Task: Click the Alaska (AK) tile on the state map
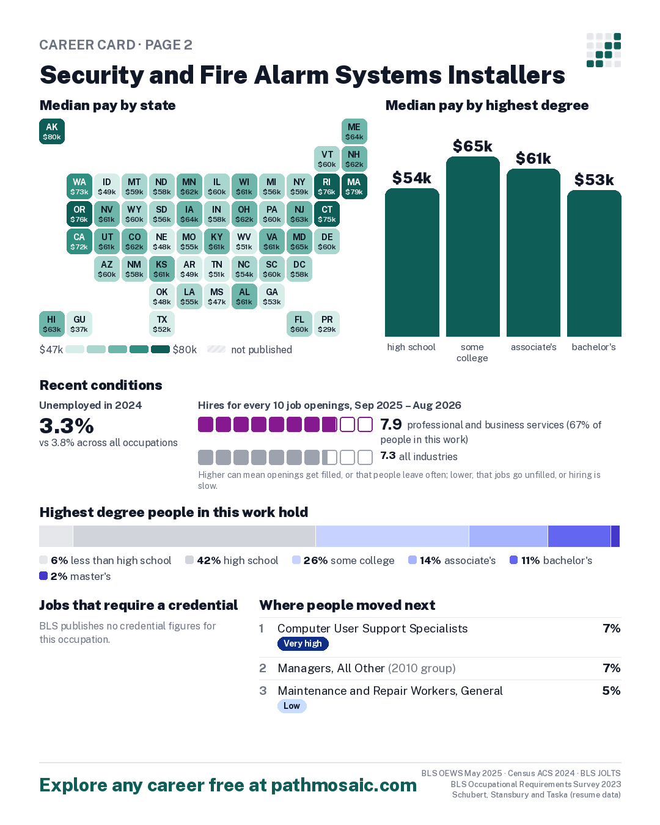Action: coord(52,131)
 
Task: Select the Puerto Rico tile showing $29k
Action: coord(327,324)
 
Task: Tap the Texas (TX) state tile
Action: coord(162,324)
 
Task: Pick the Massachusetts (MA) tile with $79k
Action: coord(354,186)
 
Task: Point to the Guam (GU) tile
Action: coord(79,324)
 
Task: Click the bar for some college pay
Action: coord(472,246)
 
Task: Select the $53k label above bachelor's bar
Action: coord(593,180)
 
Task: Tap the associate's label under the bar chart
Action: coord(533,347)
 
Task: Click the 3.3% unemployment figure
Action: coord(67,425)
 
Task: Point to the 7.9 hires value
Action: coord(391,424)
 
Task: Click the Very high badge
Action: coord(303,643)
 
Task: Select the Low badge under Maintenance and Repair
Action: coord(292,706)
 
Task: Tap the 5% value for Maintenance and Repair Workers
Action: coord(611,691)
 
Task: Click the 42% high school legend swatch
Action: coord(189,560)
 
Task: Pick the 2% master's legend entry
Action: coord(75,576)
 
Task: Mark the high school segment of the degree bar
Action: coord(194,536)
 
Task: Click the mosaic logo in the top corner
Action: coord(604,50)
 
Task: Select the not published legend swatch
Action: coord(216,349)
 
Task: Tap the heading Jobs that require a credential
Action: coord(139,605)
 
